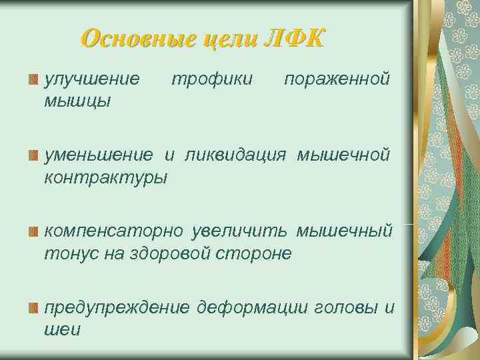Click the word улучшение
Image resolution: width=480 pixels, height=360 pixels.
click(92, 80)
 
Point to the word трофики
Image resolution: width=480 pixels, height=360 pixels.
click(212, 80)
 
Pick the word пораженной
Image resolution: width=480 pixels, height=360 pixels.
click(337, 80)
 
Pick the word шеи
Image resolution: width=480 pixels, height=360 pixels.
click(62, 329)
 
